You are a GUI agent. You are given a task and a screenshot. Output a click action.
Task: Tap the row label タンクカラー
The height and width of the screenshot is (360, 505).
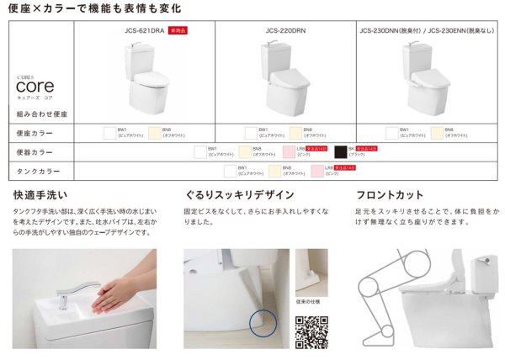pyautogui.click(x=35, y=171)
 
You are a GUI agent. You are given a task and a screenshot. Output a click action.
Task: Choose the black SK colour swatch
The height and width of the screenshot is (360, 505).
pyautogui.click(x=340, y=151)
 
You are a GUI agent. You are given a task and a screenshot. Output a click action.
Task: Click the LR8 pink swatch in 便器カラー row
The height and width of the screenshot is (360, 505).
pyautogui.click(x=291, y=151)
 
